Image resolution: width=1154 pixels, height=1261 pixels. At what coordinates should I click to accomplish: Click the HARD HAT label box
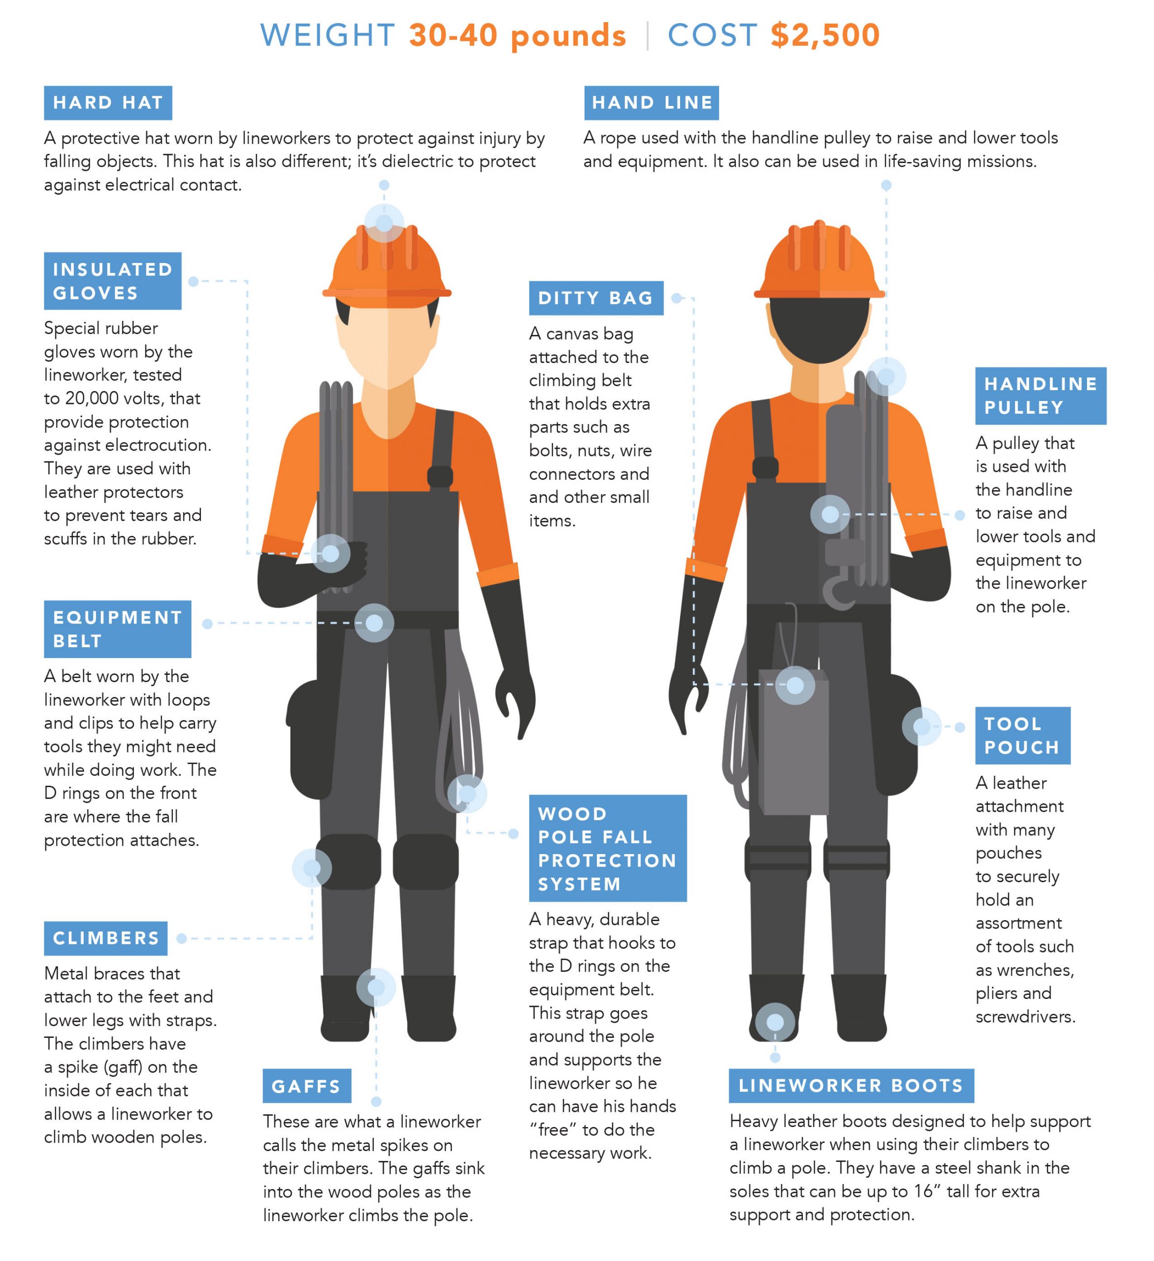coord(107,102)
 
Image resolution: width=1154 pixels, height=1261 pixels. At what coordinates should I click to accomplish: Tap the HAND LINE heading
coord(651,102)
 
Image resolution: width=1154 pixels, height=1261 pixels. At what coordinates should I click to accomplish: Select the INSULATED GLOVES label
coord(113,281)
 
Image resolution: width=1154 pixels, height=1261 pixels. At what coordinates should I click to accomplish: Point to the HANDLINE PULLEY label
coord(1040,396)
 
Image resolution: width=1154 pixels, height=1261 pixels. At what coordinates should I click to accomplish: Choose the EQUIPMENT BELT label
coord(117,629)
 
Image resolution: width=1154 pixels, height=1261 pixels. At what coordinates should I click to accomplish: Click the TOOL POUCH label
coord(1022,735)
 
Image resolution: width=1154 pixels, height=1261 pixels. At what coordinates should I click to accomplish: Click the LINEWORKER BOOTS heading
coord(851,1085)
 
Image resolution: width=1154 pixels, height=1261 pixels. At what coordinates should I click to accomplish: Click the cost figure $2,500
coord(825,35)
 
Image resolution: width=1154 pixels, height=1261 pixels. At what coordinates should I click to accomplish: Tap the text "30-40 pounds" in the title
coord(517,35)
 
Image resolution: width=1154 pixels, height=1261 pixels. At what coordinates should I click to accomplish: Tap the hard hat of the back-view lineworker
coord(819,263)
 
